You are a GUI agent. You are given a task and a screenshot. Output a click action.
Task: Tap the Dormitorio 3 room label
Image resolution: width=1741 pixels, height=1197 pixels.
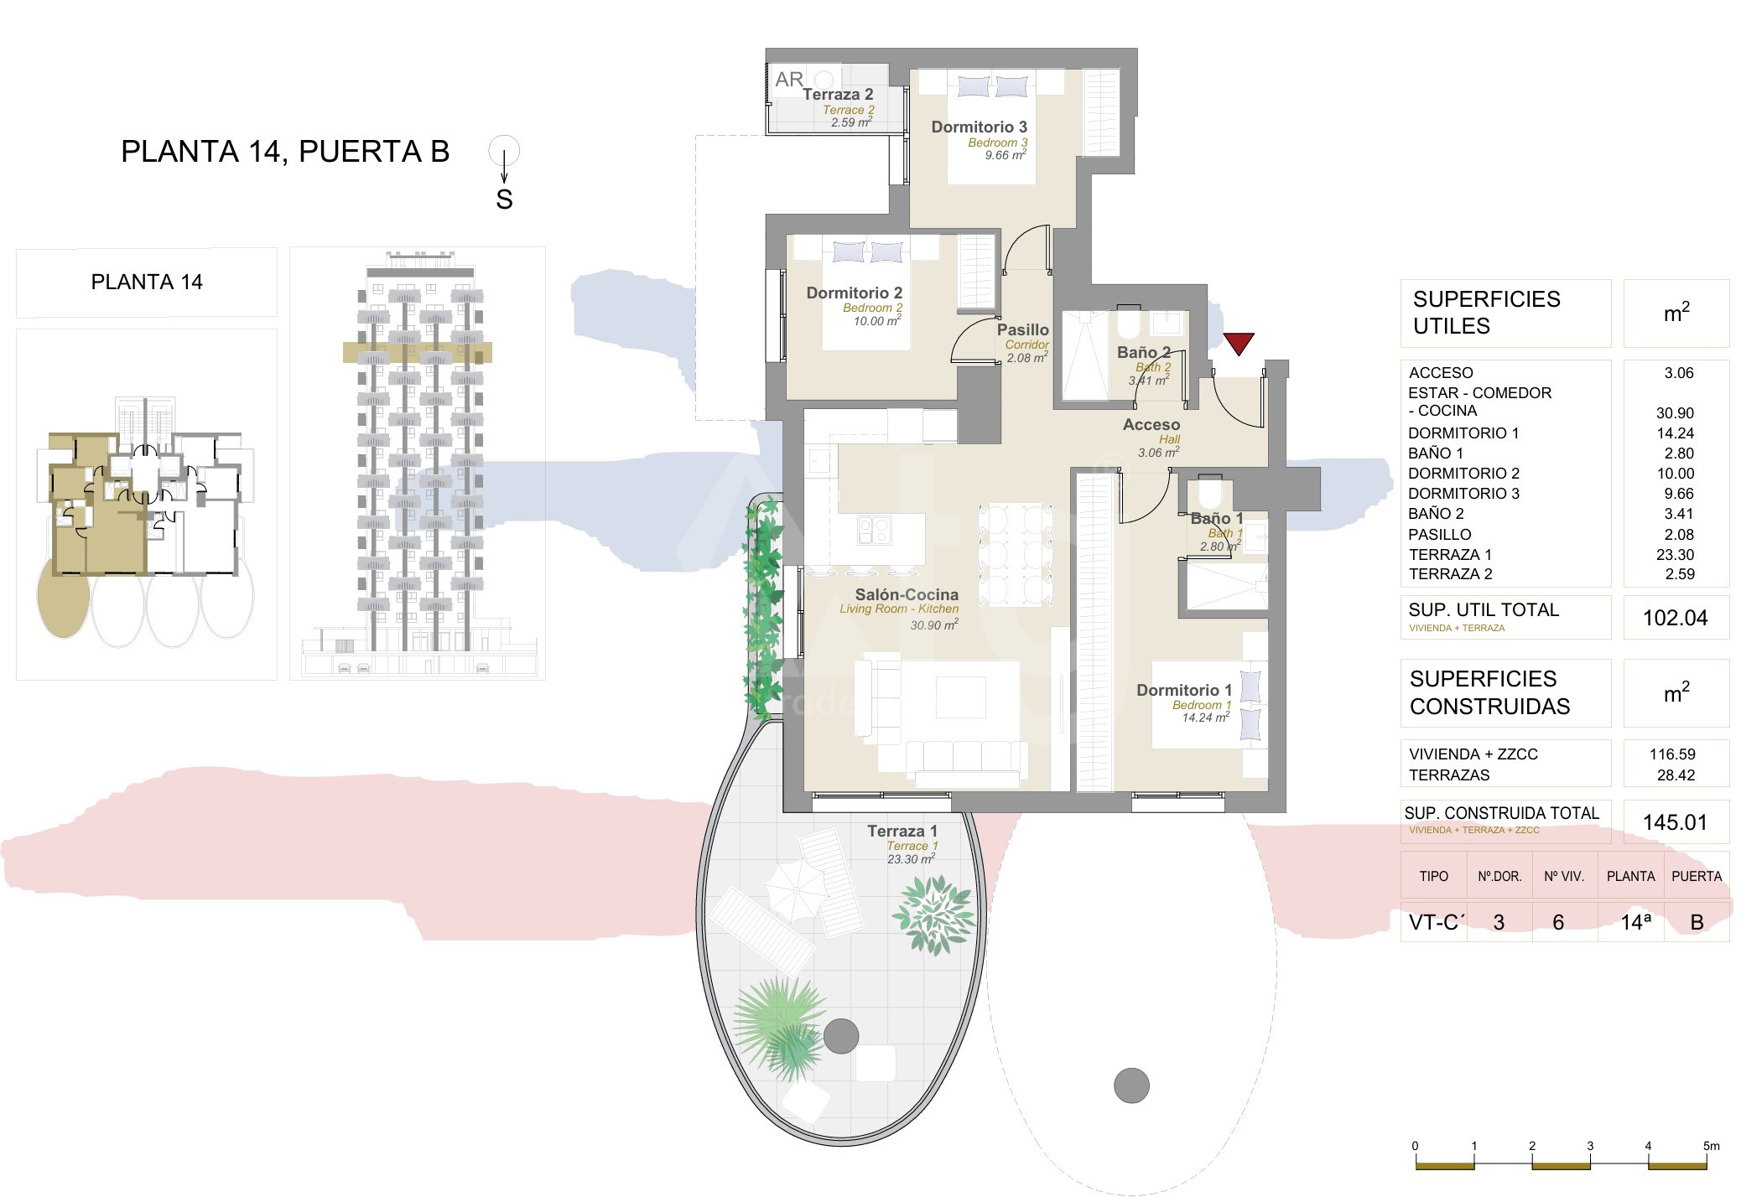click(x=979, y=127)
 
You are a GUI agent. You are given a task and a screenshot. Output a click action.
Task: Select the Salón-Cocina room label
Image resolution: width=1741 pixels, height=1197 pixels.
click(x=907, y=594)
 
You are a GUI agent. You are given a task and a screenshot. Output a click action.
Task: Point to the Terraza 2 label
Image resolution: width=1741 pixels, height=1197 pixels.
click(x=838, y=95)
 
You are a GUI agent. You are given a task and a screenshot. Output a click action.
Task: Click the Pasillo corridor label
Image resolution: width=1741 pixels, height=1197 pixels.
click(x=1023, y=329)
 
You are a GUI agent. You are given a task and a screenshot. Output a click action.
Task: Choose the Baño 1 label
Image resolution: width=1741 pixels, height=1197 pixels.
click(x=1217, y=519)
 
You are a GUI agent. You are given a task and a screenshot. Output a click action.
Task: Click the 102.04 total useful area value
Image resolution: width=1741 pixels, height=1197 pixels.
click(x=1675, y=618)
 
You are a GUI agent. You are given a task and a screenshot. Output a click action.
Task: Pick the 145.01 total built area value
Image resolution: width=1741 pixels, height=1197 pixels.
click(x=1675, y=822)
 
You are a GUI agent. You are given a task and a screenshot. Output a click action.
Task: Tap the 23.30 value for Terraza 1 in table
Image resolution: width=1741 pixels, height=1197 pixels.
click(x=1676, y=554)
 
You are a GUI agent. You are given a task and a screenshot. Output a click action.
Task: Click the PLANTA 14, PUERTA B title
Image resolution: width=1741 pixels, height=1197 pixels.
click(x=285, y=152)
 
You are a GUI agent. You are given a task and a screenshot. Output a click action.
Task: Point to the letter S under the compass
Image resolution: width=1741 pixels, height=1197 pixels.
click(x=504, y=199)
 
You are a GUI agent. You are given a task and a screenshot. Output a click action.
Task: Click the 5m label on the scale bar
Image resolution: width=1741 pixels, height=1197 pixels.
click(x=1711, y=1146)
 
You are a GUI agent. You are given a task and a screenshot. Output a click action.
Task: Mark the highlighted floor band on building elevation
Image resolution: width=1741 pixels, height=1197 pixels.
click(x=418, y=352)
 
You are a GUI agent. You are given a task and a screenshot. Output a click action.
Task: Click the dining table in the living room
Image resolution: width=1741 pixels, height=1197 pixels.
click(x=1015, y=554)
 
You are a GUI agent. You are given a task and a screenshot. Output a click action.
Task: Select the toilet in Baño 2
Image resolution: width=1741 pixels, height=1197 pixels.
click(x=1128, y=322)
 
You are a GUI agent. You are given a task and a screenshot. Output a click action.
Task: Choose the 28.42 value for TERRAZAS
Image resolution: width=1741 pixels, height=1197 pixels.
click(x=1676, y=775)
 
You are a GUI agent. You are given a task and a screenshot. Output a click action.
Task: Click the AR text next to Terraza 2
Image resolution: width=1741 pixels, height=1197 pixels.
click(x=789, y=80)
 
